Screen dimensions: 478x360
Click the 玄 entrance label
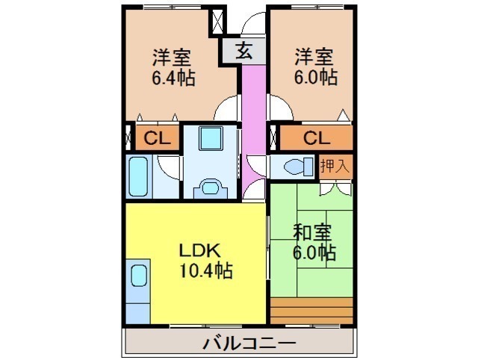tap(244, 51)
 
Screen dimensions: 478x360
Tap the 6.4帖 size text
tap(173, 78)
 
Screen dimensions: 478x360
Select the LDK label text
tap(199, 250)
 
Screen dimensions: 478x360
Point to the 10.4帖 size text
tap(206, 270)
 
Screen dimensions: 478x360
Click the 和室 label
tap(312, 233)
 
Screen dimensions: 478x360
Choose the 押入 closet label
tap(335, 166)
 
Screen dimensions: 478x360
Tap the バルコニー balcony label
tap(249, 344)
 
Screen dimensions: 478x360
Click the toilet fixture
tap(299, 167)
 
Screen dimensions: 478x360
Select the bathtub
tap(138, 176)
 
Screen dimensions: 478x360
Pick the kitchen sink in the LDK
tap(139, 276)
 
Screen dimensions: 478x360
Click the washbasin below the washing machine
tap(211, 187)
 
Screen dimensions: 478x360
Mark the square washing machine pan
tap(210, 138)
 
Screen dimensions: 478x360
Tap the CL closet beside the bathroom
tap(157, 138)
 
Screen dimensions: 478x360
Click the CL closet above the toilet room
tap(317, 138)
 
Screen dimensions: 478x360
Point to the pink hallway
tap(254, 131)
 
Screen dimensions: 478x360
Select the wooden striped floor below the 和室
tap(311, 311)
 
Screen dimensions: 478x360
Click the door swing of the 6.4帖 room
tap(226, 108)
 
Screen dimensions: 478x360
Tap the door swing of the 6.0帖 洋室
tap(281, 108)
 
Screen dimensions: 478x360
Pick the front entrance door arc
tap(253, 23)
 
